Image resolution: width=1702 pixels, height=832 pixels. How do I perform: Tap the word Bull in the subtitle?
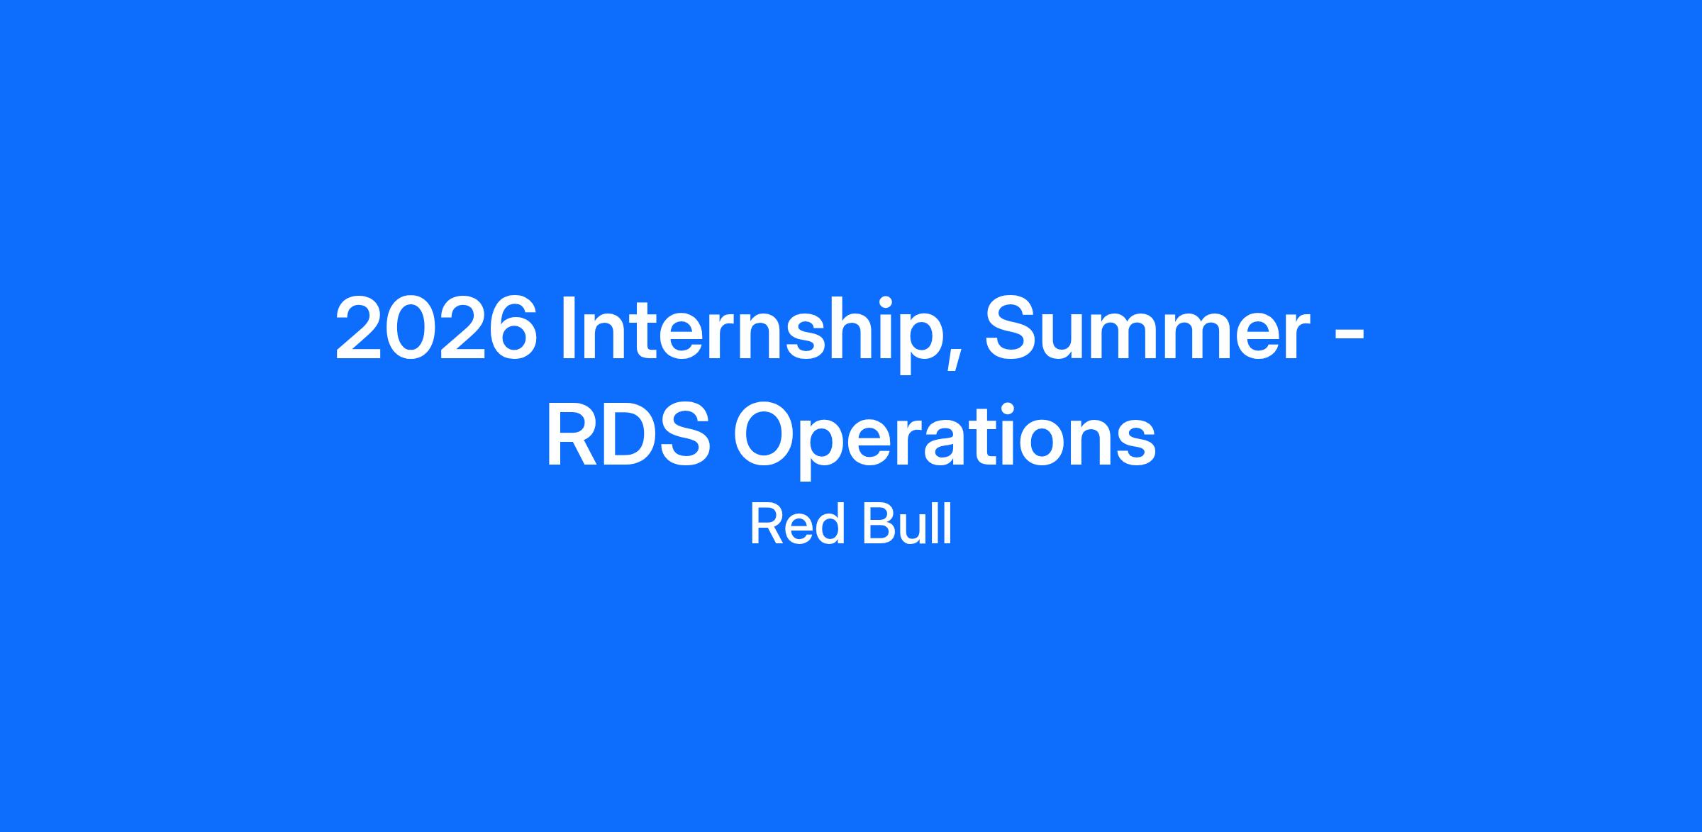click(906, 525)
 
